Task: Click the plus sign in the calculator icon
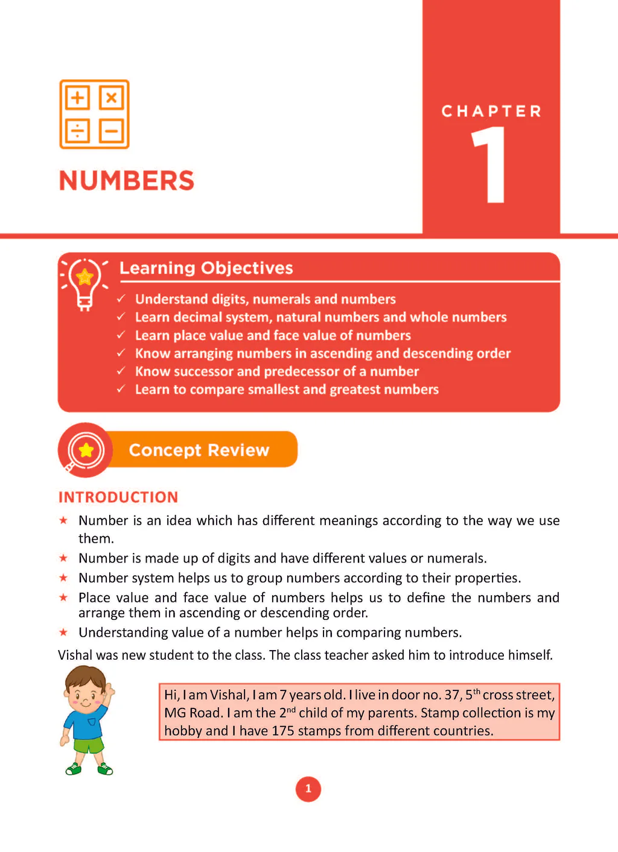point(77,98)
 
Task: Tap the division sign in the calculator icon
point(77,131)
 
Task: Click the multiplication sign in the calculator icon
point(111,98)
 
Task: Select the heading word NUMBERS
point(127,181)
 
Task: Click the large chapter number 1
point(491,165)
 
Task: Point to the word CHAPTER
point(491,112)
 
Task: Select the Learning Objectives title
point(206,268)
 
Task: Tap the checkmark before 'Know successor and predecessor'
point(121,371)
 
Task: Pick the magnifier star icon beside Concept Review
point(86,450)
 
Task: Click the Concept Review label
point(199,450)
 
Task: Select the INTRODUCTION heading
point(118,497)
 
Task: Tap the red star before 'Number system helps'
point(63,578)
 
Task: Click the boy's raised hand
point(109,690)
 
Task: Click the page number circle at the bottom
point(308,789)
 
